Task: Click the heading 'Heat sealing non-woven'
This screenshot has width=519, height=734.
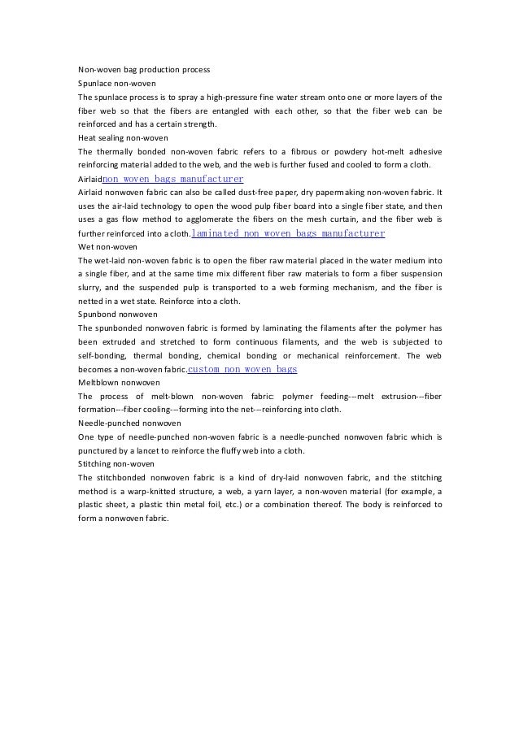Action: click(x=123, y=137)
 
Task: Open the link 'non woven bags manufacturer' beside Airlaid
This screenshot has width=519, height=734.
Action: click(x=173, y=179)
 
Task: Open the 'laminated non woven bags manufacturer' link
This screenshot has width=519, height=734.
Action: click(x=287, y=233)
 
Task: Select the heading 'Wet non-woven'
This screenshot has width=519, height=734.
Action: click(x=107, y=246)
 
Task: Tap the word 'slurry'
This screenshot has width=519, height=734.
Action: click(x=91, y=288)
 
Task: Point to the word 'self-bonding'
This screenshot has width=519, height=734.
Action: click(x=102, y=355)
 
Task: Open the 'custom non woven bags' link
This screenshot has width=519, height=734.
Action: click(x=242, y=369)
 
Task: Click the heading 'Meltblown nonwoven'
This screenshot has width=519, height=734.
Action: click(x=119, y=382)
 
